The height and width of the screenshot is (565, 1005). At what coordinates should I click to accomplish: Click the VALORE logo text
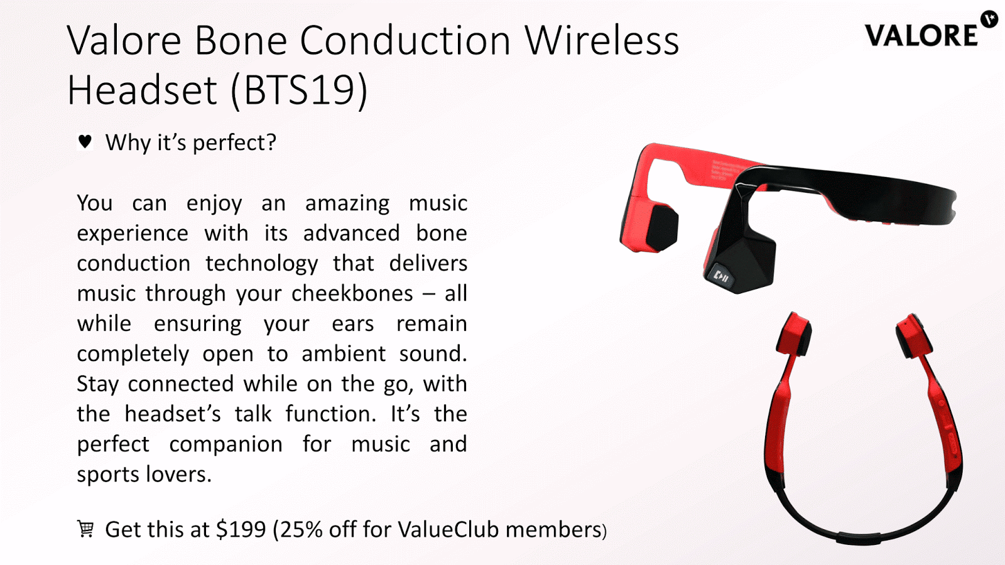[921, 36]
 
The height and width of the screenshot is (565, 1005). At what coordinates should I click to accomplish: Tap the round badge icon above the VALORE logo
[989, 19]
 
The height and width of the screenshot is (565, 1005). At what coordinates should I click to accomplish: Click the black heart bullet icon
[85, 142]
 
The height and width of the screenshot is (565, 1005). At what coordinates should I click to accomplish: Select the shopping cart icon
[85, 529]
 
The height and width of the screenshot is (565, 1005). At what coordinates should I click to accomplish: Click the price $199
[241, 530]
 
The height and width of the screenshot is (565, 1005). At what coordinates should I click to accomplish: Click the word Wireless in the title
[602, 40]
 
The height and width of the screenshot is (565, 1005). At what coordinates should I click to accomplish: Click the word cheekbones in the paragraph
[352, 294]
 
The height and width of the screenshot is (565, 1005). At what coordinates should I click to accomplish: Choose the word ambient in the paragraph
[343, 354]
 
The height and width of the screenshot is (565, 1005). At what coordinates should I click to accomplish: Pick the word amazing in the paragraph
[347, 204]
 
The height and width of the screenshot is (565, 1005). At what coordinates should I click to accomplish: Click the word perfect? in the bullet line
[235, 143]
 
